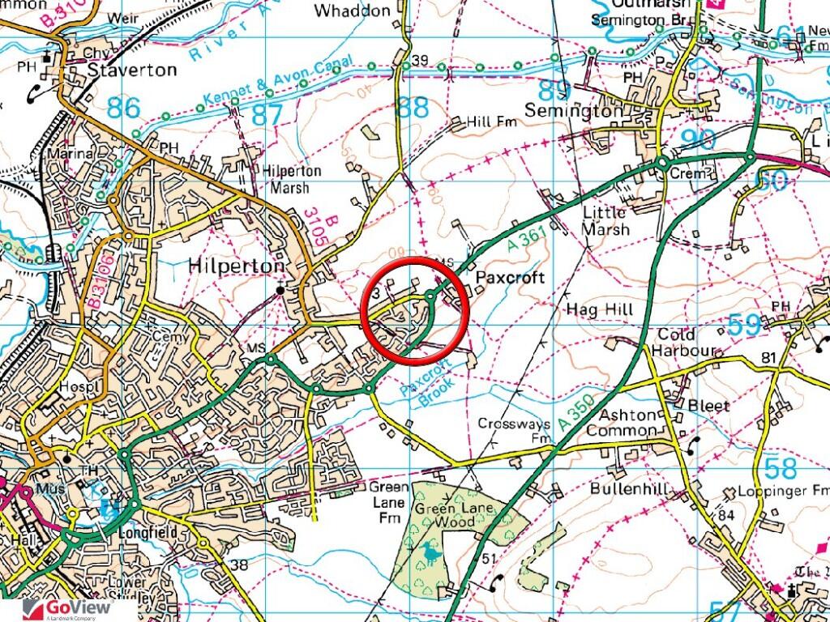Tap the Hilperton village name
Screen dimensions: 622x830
click(236, 266)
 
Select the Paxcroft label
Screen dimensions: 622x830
click(510, 278)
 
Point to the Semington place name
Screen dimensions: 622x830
click(574, 110)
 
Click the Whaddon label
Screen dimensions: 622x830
click(352, 11)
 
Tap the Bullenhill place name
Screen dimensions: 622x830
click(629, 488)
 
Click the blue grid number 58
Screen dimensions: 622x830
click(781, 467)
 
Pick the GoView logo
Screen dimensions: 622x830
click(61, 610)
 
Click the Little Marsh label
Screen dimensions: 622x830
click(605, 220)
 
